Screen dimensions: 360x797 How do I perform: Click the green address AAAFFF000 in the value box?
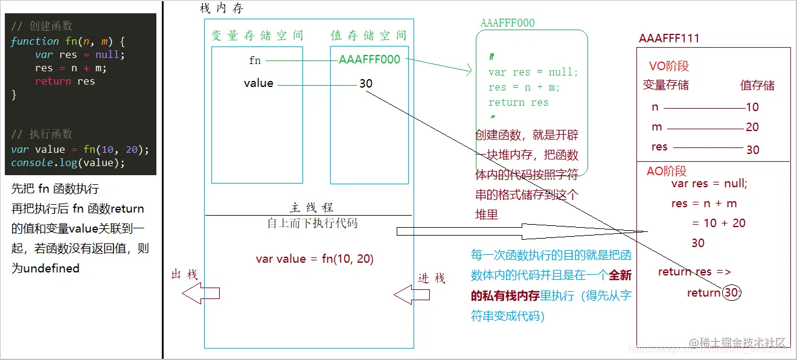point(370,60)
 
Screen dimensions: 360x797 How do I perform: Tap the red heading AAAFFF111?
point(669,39)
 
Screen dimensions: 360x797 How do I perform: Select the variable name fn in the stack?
point(255,60)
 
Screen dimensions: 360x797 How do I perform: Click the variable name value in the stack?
point(258,83)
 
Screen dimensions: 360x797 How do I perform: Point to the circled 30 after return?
point(731,293)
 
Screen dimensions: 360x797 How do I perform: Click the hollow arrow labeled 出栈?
point(202,294)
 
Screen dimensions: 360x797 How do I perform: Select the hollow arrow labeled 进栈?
point(412,295)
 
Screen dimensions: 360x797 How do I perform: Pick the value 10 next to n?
point(752,108)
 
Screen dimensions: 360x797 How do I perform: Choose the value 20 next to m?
point(752,127)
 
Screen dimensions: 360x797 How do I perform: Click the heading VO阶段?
point(669,66)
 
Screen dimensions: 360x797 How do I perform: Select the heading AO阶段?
point(667,172)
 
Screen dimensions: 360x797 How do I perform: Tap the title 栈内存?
point(222,9)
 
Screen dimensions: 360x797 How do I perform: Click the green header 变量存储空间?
point(257,36)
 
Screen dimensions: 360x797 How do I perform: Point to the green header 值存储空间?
point(368,36)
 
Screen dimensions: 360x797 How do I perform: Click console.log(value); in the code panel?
point(68,163)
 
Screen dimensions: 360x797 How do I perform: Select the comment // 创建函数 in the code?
point(42,26)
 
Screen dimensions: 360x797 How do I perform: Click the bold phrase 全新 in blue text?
point(620,276)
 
